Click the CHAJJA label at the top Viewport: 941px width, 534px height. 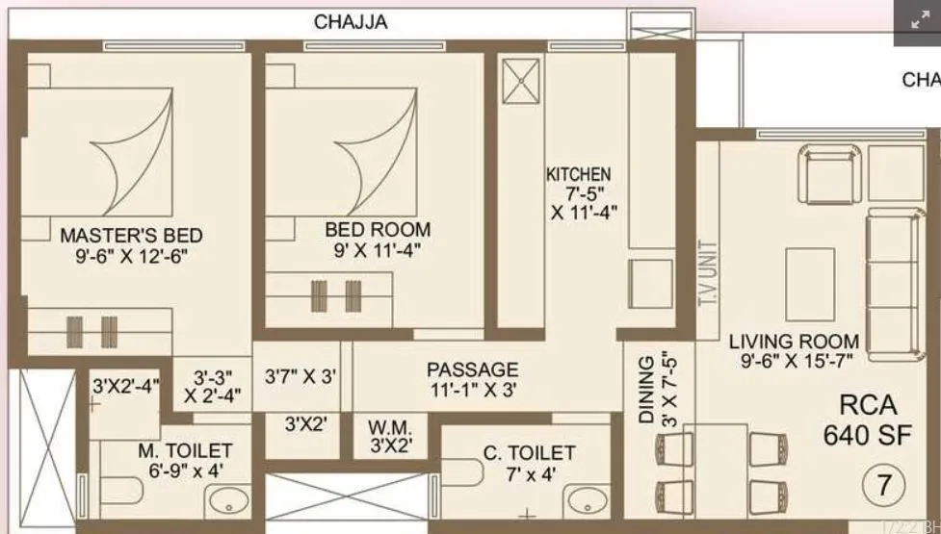tap(351, 21)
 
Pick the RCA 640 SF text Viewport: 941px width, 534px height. tap(866, 420)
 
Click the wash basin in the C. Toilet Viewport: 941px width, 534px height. tap(585, 501)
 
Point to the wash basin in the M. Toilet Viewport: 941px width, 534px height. tap(228, 501)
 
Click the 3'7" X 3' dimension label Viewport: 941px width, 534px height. tap(301, 377)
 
